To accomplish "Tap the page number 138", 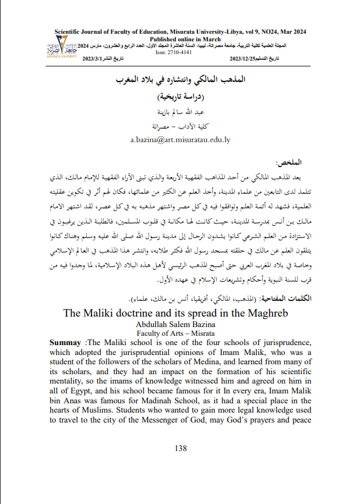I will click(x=181, y=448).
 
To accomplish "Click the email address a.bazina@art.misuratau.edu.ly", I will click(x=180, y=140).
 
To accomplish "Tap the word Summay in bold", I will click(x=65, y=343).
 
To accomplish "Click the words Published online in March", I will click(x=181, y=38).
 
